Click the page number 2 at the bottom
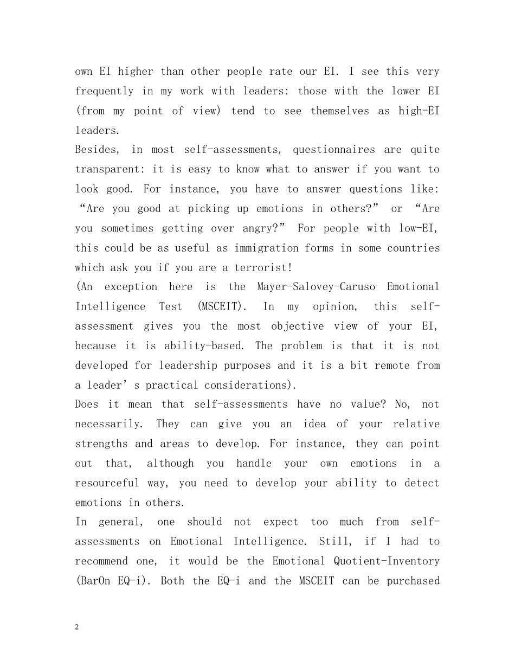pos(77,627)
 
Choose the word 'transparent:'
pos(111,170)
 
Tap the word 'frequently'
pos(104,91)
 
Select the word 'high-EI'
pos(419,111)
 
